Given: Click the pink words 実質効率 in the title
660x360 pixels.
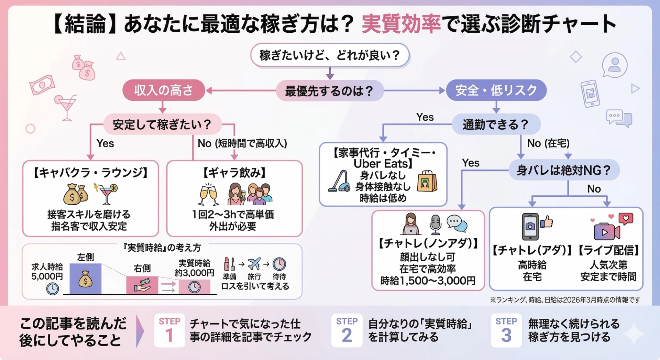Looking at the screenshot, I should (401, 24).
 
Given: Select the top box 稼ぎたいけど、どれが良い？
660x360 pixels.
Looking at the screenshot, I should (330, 55).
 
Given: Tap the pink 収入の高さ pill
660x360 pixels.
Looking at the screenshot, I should (164, 90).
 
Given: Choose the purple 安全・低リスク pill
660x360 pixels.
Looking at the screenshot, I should (496, 90).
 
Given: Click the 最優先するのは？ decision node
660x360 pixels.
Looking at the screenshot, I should (329, 91).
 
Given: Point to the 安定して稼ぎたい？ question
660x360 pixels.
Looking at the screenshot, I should (162, 124).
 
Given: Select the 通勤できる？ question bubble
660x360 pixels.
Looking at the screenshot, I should (495, 124).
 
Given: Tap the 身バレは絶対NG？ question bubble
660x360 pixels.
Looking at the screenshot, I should (563, 170).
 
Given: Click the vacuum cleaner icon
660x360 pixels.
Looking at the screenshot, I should (339, 181).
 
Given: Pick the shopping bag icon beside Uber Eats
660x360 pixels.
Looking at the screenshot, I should (427, 181).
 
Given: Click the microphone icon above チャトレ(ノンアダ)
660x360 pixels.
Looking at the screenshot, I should (435, 224).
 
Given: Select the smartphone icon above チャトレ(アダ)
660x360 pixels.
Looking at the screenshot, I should (530, 226).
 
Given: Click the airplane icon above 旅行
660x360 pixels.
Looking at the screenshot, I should (254, 264).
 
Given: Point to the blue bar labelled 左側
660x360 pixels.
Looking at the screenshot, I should (86, 279).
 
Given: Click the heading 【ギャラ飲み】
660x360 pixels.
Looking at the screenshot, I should (234, 173).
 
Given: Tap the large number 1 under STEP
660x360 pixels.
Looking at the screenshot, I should (169, 335).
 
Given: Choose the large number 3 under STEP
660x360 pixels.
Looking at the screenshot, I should (506, 335).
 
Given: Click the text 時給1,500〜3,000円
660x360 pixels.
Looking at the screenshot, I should (428, 281).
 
